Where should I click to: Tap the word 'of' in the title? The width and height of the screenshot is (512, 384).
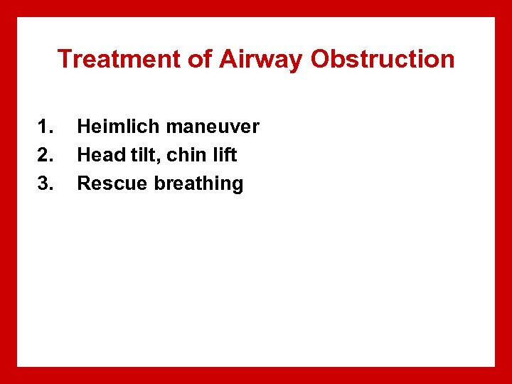[x=201, y=59]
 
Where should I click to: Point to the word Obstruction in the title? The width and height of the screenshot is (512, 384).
[x=383, y=59]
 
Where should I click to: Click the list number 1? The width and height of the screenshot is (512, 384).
[x=45, y=127]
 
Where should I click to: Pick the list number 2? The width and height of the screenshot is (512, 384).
[x=45, y=155]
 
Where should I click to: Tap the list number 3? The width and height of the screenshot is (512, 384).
[x=45, y=183]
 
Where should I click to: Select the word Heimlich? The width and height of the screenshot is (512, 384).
[x=118, y=127]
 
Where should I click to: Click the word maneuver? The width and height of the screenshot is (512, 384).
[x=213, y=128]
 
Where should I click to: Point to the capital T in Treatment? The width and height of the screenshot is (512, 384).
[x=64, y=59]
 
